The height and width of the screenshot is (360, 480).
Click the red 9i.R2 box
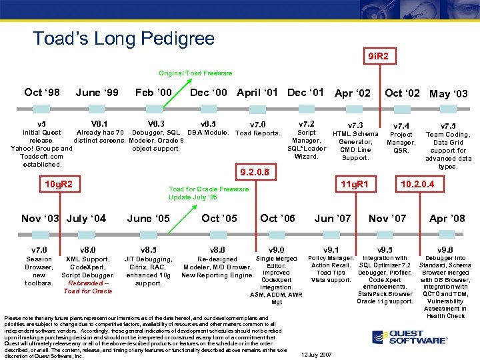[379, 57]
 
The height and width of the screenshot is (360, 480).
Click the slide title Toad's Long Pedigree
[124, 38]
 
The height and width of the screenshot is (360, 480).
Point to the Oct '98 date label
[42, 93]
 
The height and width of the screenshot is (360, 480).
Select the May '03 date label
[449, 94]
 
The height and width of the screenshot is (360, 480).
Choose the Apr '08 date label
[447, 219]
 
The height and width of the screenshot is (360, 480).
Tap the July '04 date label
[87, 219]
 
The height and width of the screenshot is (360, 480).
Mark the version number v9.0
[276, 249]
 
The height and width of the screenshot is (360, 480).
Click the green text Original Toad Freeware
[195, 73]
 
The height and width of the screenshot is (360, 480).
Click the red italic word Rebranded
[85, 283]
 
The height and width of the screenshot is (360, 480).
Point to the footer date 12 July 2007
[316, 354]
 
